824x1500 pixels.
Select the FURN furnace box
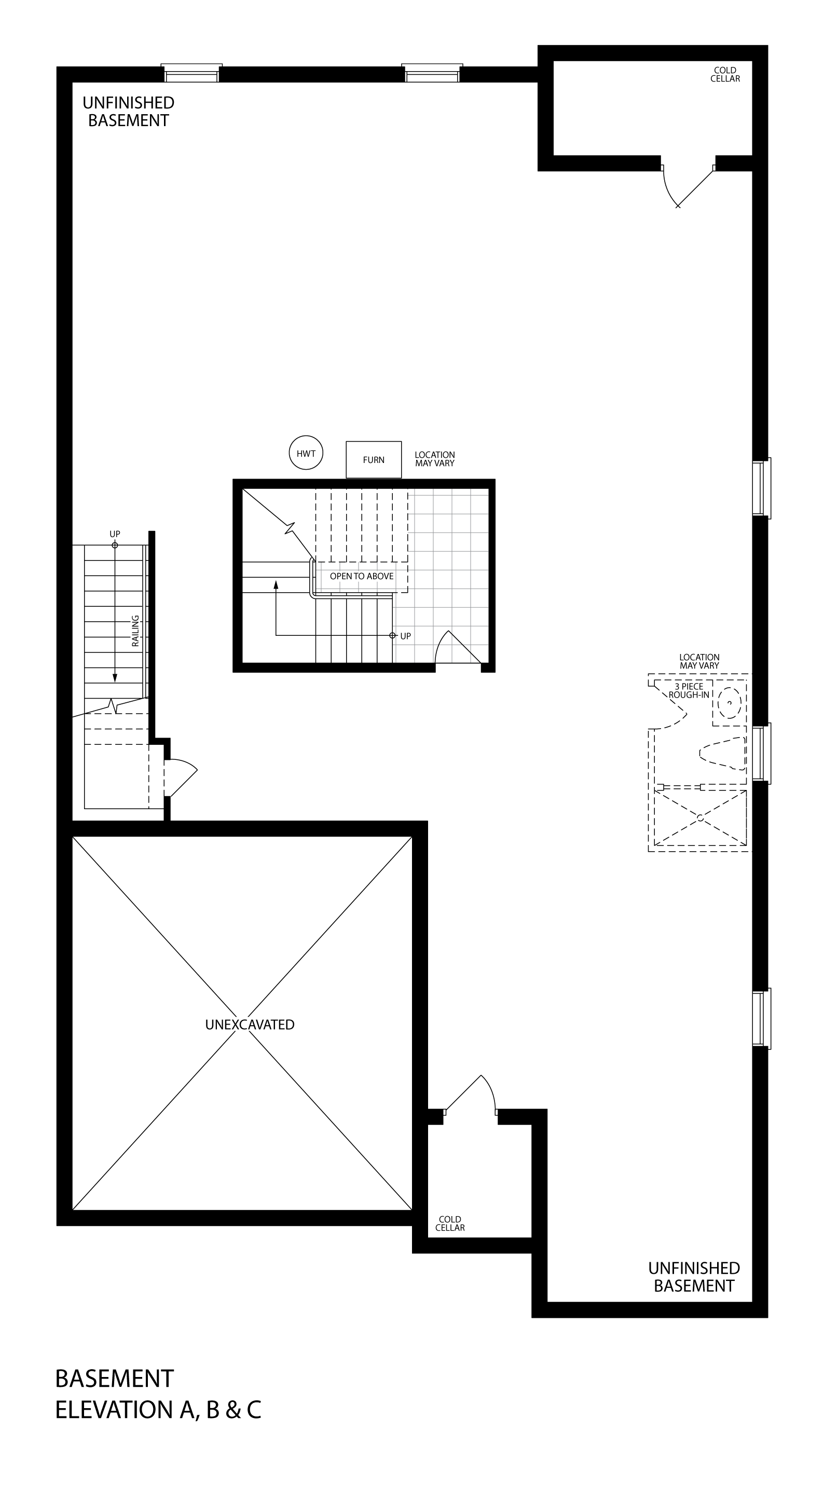(x=374, y=459)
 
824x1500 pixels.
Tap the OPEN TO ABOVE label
(x=362, y=576)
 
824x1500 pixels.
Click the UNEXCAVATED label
(x=250, y=1024)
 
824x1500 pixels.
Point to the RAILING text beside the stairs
(x=135, y=631)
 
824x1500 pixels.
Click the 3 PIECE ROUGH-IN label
(x=689, y=691)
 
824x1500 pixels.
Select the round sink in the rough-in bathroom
(x=729, y=703)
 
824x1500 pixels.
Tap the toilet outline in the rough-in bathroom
(x=723, y=752)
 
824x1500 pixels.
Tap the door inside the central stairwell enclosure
(x=458, y=646)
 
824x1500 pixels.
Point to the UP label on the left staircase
(x=115, y=534)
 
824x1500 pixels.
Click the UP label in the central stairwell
(x=405, y=636)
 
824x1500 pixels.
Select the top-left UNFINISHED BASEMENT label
(x=129, y=111)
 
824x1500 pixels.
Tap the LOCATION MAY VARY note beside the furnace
(x=435, y=459)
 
